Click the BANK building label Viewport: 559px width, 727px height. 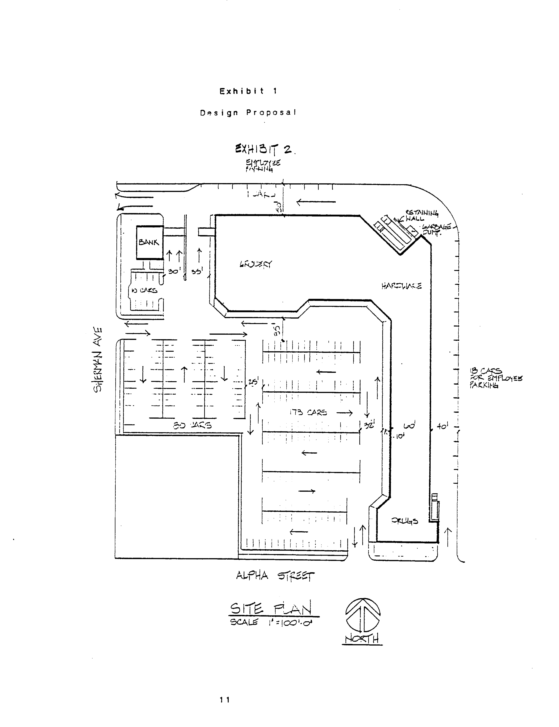tap(149, 242)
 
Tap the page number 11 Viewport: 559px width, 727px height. tap(225, 700)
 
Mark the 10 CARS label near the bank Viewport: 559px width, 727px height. tap(144, 290)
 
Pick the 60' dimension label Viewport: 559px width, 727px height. tap(409, 426)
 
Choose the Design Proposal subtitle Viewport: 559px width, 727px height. tap(248, 113)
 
